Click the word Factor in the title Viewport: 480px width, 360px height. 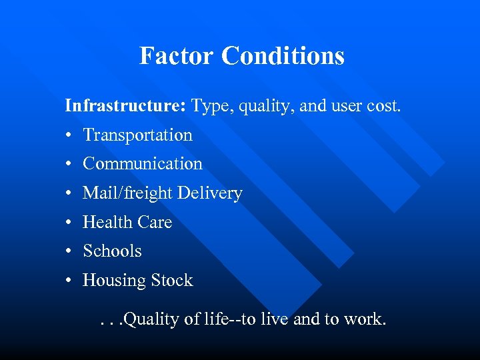pos(177,55)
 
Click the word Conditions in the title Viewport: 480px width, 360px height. pos(283,55)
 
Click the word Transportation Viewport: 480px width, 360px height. pos(137,135)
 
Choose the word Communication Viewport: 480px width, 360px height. pos(142,163)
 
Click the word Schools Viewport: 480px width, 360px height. pos(112,251)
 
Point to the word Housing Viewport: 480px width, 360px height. pos(112,281)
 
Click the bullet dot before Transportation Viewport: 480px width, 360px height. pos(69,135)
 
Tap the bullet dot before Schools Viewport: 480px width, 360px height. pos(69,252)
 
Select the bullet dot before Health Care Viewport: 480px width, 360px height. pos(69,223)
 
